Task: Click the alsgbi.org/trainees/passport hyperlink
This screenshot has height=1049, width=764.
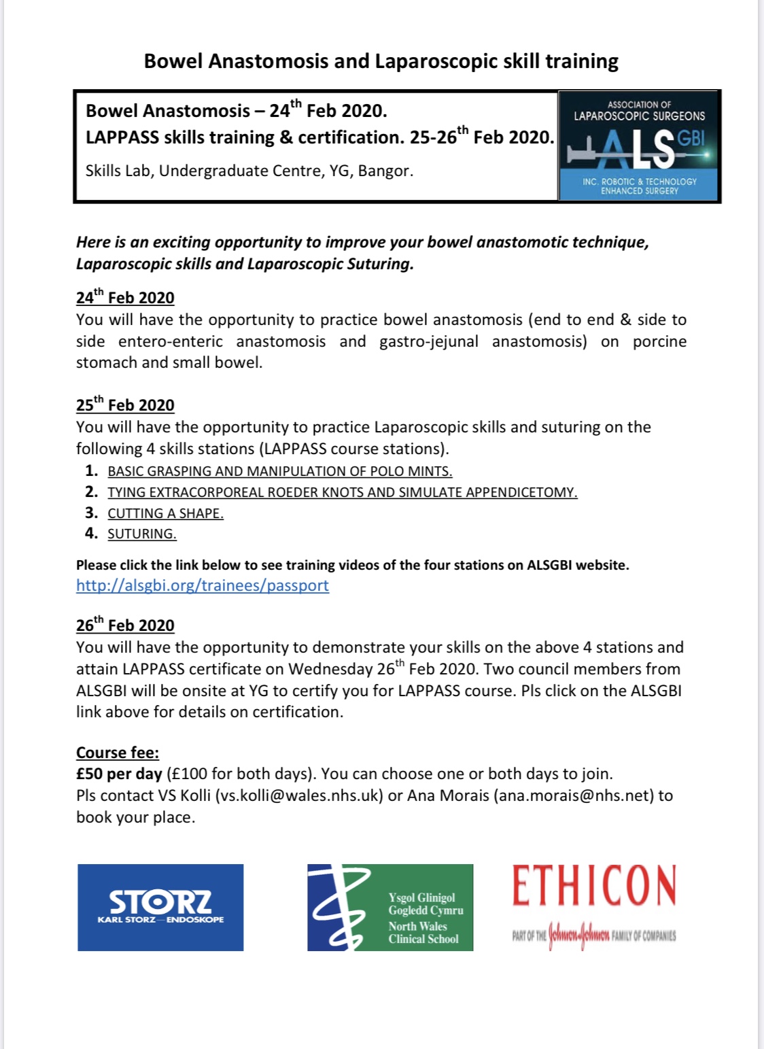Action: point(202,585)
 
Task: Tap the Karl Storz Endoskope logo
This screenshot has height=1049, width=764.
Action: point(160,907)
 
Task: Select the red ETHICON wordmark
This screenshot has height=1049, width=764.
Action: point(594,886)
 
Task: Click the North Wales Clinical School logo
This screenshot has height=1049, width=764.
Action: point(390,907)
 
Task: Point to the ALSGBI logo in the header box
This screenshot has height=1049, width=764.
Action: point(639,146)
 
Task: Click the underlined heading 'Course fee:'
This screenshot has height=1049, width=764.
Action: point(118,753)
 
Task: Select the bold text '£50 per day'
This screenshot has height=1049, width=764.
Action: point(119,774)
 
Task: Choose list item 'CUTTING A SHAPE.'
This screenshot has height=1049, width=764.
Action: point(165,513)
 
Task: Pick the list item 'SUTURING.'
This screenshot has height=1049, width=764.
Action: point(141,534)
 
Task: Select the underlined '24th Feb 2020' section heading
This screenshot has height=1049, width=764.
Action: point(125,298)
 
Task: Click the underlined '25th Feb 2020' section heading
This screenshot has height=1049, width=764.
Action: point(125,405)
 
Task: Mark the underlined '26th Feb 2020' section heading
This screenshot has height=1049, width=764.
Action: point(125,625)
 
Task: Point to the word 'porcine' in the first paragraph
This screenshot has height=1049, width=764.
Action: point(659,341)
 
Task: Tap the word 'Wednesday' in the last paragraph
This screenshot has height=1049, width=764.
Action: point(317,669)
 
